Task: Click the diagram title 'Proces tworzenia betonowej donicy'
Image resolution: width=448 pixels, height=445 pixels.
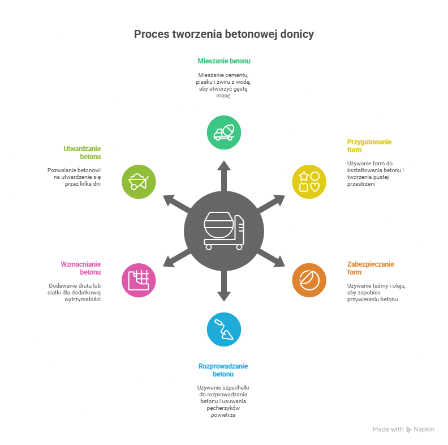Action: pos(223,35)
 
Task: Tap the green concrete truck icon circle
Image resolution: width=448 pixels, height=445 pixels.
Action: pos(224,132)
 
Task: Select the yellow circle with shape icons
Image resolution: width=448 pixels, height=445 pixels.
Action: pos(309,181)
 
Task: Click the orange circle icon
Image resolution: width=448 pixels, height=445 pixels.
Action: pos(309,280)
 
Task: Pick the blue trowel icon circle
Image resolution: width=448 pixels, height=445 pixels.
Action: pos(224,329)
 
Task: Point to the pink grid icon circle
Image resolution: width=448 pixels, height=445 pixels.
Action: pos(139,280)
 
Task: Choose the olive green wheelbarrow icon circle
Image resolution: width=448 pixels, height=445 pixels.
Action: pos(139,181)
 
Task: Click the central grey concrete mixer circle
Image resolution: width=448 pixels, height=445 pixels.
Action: pos(224,231)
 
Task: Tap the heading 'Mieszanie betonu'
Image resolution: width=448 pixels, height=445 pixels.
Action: pos(224,61)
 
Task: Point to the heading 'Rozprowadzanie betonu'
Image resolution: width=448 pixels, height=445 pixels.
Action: pos(223,370)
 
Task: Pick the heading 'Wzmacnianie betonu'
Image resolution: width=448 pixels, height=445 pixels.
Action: pos(81,268)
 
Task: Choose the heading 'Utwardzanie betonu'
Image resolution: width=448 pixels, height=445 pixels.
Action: pos(82,152)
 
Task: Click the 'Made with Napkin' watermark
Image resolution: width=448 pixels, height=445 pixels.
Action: pos(403,429)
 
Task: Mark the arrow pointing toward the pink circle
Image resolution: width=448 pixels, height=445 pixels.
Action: pos(174,259)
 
